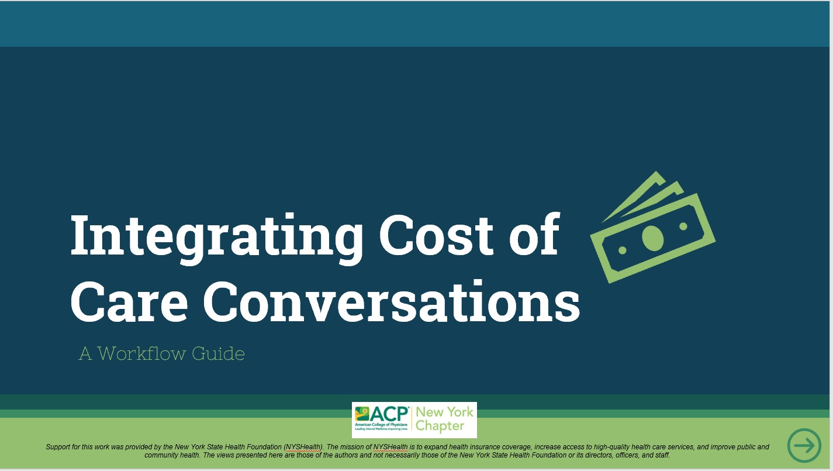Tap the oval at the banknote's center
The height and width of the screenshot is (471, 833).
point(653,236)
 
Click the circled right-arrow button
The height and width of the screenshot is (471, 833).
point(804,446)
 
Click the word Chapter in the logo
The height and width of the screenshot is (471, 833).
point(439,426)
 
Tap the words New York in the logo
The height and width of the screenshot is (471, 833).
point(444,412)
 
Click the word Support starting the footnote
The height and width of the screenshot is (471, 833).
point(58,447)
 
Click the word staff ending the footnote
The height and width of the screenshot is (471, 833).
point(661,455)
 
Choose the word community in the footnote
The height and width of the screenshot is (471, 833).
point(163,455)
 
